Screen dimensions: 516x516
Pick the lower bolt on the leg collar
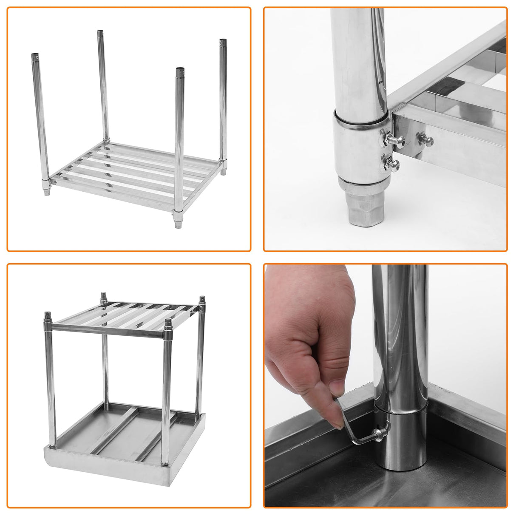[390, 163]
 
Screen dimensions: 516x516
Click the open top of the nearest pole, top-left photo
[179, 69]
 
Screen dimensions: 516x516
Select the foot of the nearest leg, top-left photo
[178, 221]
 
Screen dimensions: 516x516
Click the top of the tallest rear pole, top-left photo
[100, 32]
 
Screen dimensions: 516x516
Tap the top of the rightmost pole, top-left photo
[223, 41]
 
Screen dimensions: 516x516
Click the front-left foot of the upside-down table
[48, 316]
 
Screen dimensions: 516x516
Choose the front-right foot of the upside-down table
[168, 323]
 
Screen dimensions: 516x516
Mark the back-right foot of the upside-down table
[202, 300]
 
